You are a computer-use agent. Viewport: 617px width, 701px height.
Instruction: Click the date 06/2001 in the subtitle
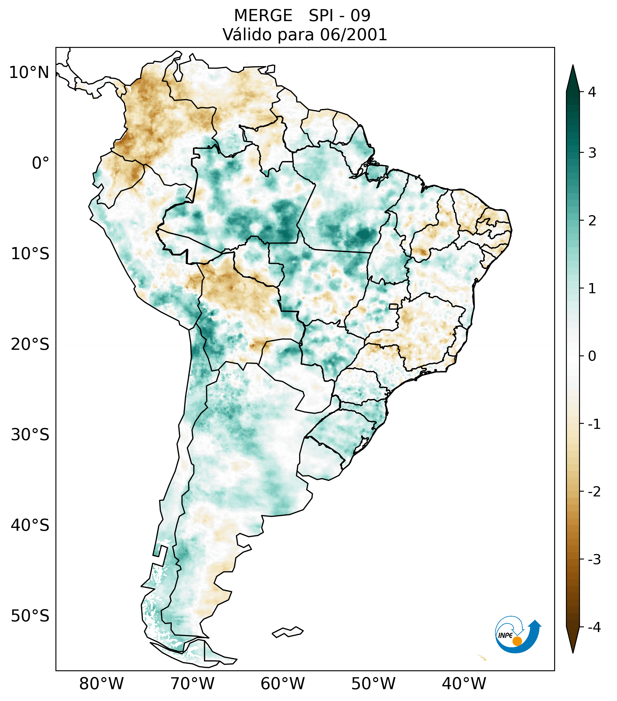pyautogui.click(x=353, y=35)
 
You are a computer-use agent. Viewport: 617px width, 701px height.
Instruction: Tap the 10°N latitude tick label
pyautogui.click(x=29, y=73)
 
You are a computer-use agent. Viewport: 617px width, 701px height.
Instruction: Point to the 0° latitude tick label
pyautogui.click(x=41, y=163)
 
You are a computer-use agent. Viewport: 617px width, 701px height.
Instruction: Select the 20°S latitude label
pyautogui.click(x=30, y=344)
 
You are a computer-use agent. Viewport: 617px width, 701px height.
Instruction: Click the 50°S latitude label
pyautogui.click(x=30, y=616)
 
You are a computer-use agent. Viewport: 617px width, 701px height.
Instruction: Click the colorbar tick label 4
pyautogui.click(x=592, y=92)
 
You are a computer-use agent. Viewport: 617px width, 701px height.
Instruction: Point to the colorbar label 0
pyautogui.click(x=592, y=356)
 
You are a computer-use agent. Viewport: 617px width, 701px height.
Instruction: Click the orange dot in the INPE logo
pyautogui.click(x=517, y=641)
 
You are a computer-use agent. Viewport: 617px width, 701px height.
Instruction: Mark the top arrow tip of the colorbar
pyautogui.click(x=573, y=66)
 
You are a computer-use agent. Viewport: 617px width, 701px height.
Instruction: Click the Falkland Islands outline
pyautogui.click(x=288, y=632)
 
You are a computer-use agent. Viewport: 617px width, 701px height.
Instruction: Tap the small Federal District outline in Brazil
pyautogui.click(x=394, y=306)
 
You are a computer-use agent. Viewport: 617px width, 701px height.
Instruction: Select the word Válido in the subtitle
pyautogui.click(x=247, y=35)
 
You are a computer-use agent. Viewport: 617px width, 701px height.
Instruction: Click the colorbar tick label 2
pyautogui.click(x=592, y=221)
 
